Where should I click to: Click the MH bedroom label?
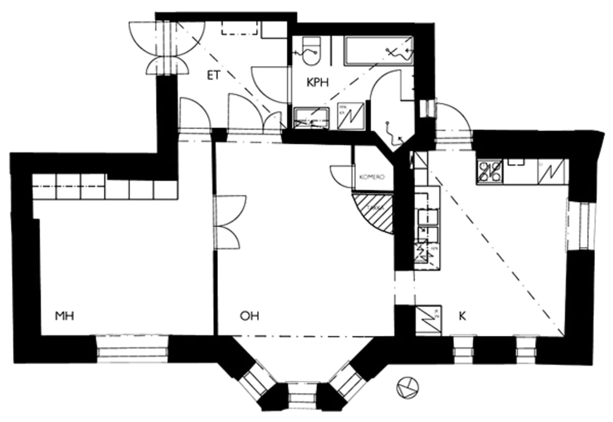pyautogui.click(x=65, y=316)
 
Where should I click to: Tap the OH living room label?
pyautogui.click(x=249, y=316)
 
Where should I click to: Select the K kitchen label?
pyautogui.click(x=462, y=316)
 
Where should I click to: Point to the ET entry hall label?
pyautogui.click(x=213, y=76)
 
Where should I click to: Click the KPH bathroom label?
pyautogui.click(x=317, y=83)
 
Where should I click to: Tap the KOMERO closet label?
pyautogui.click(x=371, y=177)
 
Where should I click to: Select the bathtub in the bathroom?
pyautogui.click(x=378, y=51)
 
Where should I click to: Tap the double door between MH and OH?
pyautogui.click(x=229, y=223)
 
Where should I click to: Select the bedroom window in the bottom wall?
pyautogui.click(x=132, y=349)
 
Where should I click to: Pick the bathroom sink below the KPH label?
pyautogui.click(x=311, y=119)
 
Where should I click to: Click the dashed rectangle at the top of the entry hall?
pyautogui.click(x=239, y=28)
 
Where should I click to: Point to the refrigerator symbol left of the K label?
pyautogui.click(x=428, y=320)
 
